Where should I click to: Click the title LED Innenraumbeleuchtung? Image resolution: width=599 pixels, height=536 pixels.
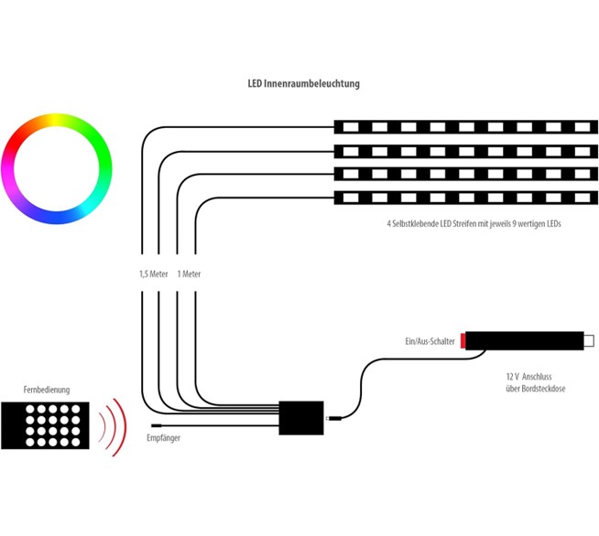pyautogui.click(x=304, y=84)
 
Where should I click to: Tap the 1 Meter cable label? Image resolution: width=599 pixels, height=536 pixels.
pyautogui.click(x=189, y=273)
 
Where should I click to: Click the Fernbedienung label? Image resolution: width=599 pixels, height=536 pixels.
pyautogui.click(x=47, y=390)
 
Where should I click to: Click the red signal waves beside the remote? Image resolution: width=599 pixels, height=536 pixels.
pyautogui.click(x=113, y=426)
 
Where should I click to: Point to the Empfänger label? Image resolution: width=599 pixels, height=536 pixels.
pyautogui.click(x=164, y=439)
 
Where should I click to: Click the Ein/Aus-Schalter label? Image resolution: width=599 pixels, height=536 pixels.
pyautogui.click(x=430, y=340)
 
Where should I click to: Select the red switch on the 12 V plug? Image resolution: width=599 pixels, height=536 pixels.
pyautogui.click(x=463, y=340)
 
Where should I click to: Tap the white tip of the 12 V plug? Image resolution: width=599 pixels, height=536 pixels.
pyautogui.click(x=588, y=340)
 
